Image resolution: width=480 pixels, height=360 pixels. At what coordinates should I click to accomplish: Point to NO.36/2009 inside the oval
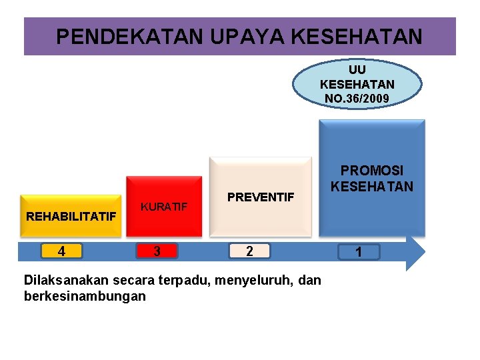[x=357, y=98]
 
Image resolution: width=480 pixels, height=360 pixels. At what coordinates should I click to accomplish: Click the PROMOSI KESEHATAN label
[x=372, y=179]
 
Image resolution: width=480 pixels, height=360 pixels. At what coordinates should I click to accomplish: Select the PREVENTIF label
[x=261, y=197]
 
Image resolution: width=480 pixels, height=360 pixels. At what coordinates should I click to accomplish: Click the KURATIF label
[x=164, y=207]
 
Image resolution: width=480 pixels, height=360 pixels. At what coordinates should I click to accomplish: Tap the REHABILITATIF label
[x=71, y=216]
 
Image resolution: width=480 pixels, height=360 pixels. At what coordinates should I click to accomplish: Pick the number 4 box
[x=61, y=251]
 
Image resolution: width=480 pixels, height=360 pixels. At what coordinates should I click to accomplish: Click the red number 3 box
[x=157, y=251]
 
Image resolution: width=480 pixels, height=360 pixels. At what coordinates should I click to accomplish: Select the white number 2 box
[x=249, y=251]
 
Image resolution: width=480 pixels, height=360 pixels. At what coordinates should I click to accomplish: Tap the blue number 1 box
[x=359, y=252]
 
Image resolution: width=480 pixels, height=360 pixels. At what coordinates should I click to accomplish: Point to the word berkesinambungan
[x=85, y=296]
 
